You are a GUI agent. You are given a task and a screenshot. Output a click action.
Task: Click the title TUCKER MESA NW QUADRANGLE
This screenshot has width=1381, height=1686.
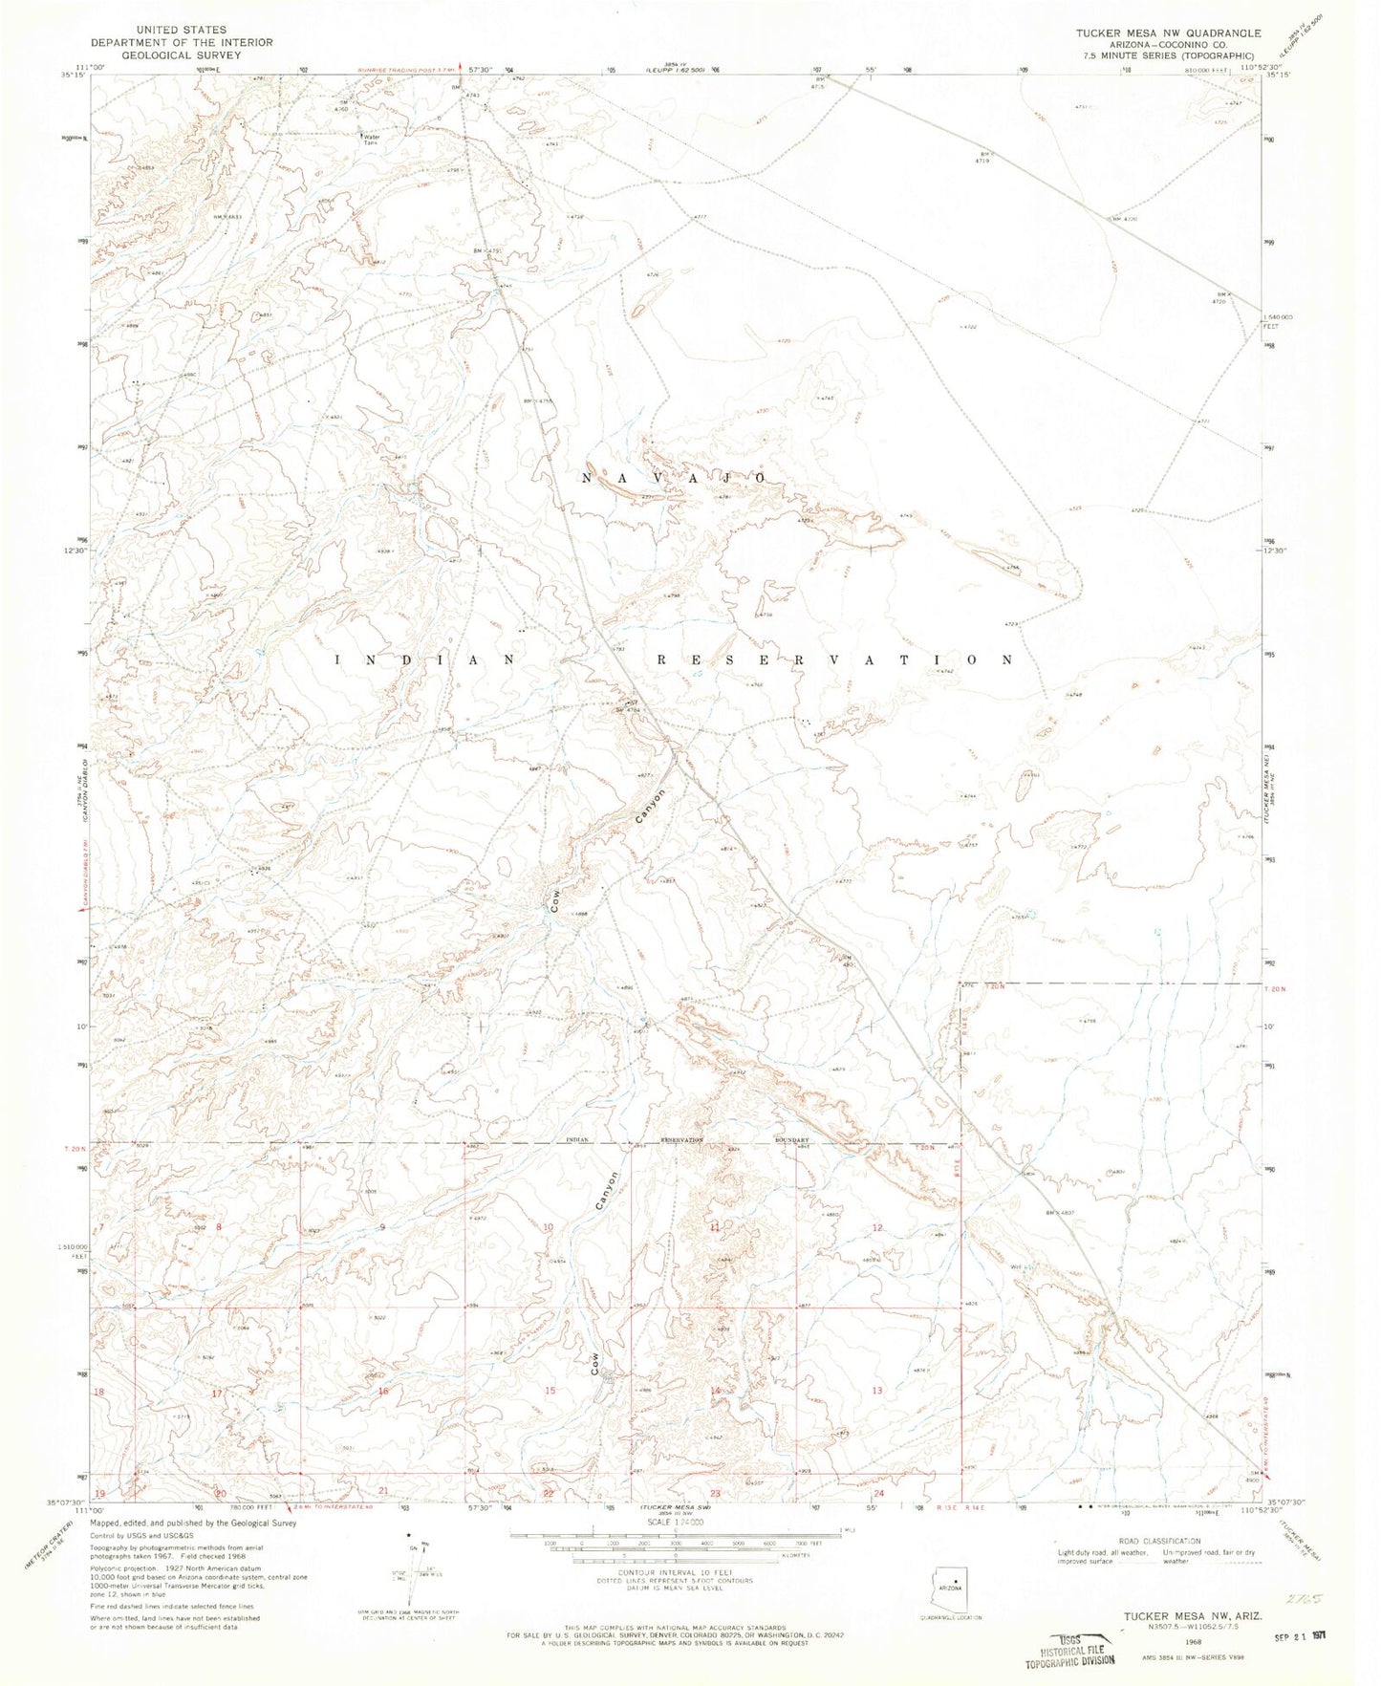point(1168,32)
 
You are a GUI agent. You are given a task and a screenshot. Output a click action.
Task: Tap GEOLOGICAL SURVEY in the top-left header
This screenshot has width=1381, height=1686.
point(182,54)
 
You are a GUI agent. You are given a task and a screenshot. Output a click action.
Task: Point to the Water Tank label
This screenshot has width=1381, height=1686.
point(370,139)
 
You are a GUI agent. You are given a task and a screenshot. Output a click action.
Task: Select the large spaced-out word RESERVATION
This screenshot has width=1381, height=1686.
point(833,659)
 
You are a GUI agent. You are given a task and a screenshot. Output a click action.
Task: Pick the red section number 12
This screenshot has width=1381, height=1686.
point(876,1226)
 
